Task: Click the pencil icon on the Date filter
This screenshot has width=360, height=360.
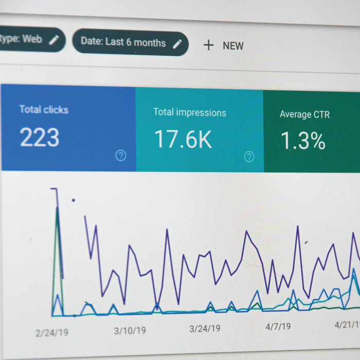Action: (x=177, y=44)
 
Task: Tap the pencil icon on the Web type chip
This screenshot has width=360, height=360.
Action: (x=54, y=40)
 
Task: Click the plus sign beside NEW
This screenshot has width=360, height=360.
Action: (x=208, y=45)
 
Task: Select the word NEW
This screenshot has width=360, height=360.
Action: (x=233, y=46)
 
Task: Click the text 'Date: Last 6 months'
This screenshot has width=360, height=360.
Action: (x=123, y=42)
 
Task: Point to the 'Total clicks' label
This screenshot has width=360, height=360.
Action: (x=44, y=110)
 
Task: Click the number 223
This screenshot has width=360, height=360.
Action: (x=40, y=138)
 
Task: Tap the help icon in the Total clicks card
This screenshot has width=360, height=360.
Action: (x=121, y=156)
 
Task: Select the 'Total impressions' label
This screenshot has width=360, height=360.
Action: (x=189, y=112)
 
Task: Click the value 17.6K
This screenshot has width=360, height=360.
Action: (x=183, y=139)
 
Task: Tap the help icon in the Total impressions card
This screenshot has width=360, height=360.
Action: (x=249, y=157)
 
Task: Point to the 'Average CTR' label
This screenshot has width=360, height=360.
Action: (x=305, y=114)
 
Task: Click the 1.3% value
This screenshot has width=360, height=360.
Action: (x=303, y=141)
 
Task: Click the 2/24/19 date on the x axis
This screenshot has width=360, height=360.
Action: (x=51, y=333)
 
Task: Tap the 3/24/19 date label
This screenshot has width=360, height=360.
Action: (x=205, y=328)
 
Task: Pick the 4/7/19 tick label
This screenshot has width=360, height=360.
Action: (x=278, y=326)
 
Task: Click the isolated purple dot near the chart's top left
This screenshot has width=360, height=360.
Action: (x=74, y=200)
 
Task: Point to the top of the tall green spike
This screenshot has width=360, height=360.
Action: (x=57, y=208)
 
